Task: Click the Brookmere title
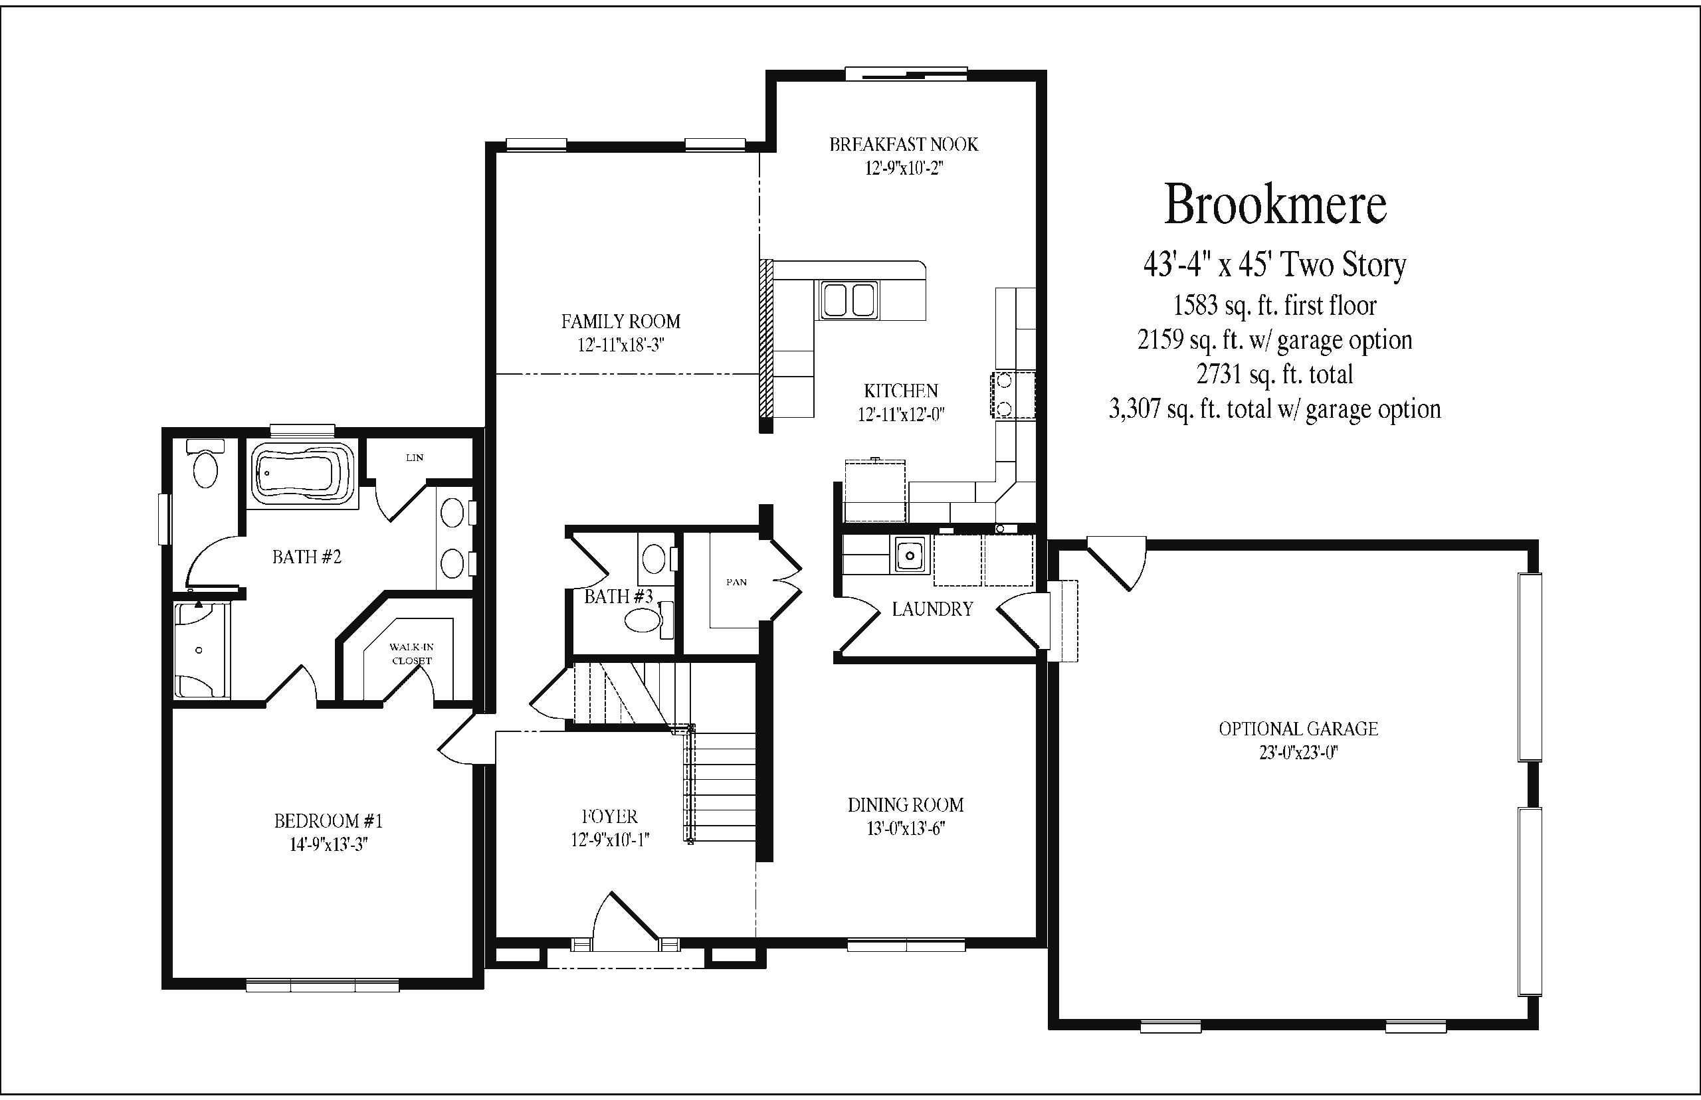point(1275,205)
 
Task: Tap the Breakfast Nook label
point(904,144)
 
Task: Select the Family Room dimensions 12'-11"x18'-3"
point(621,345)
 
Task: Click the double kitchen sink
point(849,300)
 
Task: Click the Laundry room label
point(932,608)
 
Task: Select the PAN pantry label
point(737,582)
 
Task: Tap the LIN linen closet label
point(415,458)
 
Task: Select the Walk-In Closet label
point(411,654)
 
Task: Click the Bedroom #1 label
point(329,821)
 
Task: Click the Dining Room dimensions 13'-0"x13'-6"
point(906,828)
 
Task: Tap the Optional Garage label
point(1298,729)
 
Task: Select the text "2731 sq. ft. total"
point(1274,374)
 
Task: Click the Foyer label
point(609,816)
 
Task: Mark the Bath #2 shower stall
point(202,650)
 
